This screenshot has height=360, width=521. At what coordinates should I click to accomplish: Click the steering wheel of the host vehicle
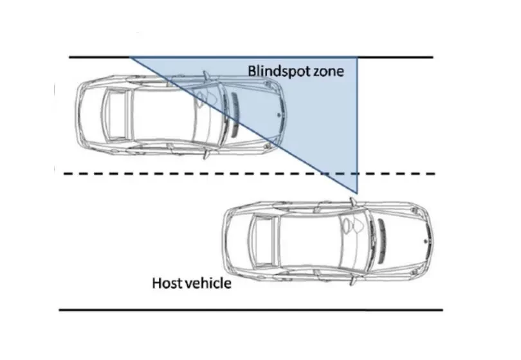pyautogui.click(x=351, y=226)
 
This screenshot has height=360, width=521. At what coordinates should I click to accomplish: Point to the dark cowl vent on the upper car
pyautogui.click(x=235, y=114)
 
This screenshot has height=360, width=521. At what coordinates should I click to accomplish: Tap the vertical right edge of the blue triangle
pyautogui.click(x=357, y=129)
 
